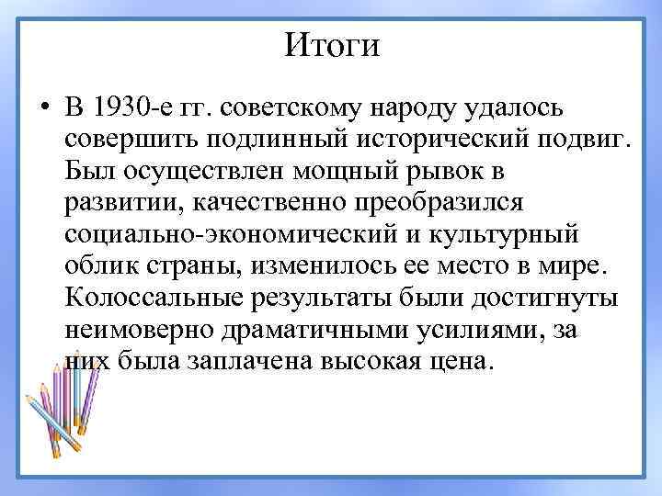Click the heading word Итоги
coord(331,43)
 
